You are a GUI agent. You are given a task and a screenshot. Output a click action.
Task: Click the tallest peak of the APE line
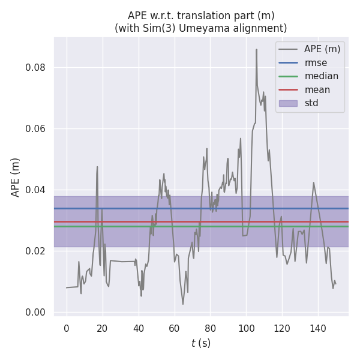pyautogui.click(x=256, y=50)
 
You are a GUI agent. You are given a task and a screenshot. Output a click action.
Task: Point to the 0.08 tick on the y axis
pyautogui.click(x=35, y=67)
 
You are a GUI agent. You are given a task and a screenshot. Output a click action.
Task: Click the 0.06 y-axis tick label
pyautogui.click(x=35, y=128)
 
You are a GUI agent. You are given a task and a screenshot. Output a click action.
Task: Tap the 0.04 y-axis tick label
pyautogui.click(x=35, y=190)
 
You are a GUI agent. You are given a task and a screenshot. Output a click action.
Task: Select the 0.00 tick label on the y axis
pyautogui.click(x=35, y=312)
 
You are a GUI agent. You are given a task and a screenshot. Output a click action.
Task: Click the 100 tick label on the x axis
pyautogui.click(x=246, y=328)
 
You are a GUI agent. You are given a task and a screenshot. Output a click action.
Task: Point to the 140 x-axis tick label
pyautogui.click(x=317, y=328)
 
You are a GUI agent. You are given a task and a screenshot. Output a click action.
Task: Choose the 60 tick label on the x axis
pyautogui.click(x=174, y=328)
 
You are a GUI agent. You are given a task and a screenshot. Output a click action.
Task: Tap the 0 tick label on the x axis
pyautogui.click(x=67, y=328)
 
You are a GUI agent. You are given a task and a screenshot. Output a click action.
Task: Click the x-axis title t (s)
pyautogui.click(x=201, y=343)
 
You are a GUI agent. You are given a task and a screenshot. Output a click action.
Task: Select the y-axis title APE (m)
pyautogui.click(x=16, y=177)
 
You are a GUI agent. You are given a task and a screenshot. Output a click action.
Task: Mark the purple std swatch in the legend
pyautogui.click(x=288, y=103)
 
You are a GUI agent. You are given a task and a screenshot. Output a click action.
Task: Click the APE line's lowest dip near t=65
pyautogui.click(x=183, y=304)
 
